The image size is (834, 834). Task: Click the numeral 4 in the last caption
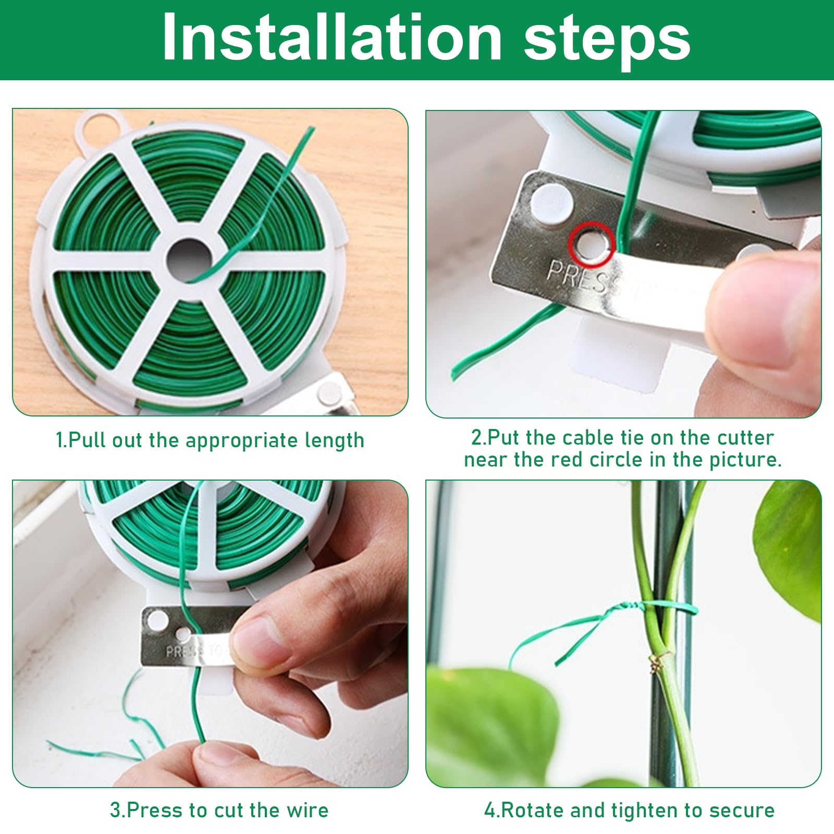[x=488, y=811]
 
